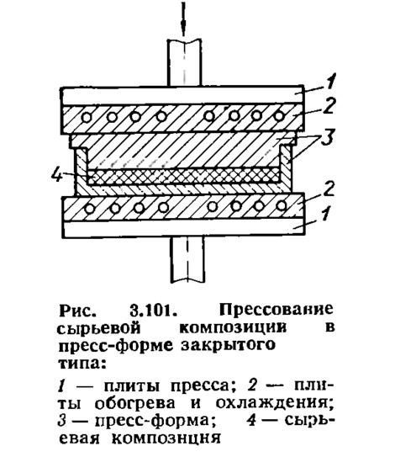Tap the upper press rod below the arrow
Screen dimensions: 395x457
coord(184,63)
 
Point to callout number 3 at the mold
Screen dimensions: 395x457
coord(328,136)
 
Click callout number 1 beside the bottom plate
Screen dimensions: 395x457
coord(326,213)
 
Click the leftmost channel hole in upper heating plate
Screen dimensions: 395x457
coord(87,118)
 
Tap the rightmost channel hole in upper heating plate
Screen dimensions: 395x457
coord(279,116)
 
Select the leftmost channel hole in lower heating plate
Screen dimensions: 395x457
coord(90,209)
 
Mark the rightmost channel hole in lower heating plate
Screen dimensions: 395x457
coord(282,205)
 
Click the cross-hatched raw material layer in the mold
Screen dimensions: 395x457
coord(183,176)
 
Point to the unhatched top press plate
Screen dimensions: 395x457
coord(182,95)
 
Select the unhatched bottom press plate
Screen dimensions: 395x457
coord(184,229)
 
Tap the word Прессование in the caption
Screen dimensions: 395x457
coord(276,310)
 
